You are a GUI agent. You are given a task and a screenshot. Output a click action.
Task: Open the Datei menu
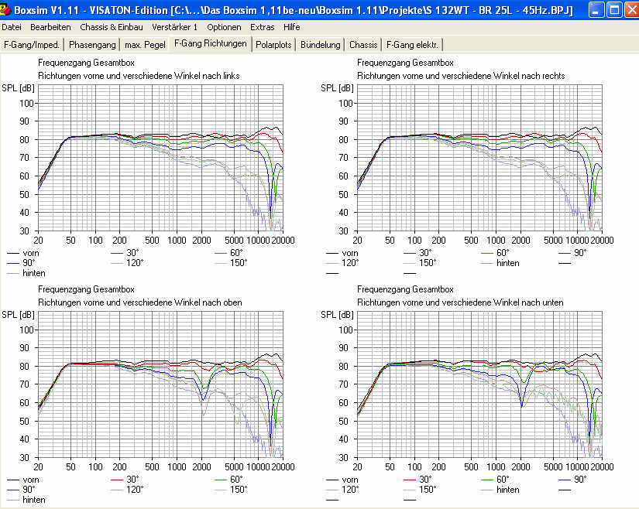(12, 27)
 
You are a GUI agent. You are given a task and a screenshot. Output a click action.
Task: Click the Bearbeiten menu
(50, 27)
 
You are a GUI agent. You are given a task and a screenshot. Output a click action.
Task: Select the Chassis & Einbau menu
(112, 27)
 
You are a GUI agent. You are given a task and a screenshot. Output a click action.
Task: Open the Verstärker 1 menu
(175, 27)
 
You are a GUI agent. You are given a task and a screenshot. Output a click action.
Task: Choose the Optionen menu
(224, 27)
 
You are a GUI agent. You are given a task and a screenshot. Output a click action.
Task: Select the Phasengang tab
(93, 45)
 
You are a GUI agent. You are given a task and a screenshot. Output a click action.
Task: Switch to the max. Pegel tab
(144, 45)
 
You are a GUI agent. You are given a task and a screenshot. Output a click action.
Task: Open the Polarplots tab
(274, 45)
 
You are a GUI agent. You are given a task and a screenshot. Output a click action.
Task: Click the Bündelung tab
(321, 45)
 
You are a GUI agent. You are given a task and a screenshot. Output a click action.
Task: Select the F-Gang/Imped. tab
(33, 45)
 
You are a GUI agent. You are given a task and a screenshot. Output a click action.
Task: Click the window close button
(627, 10)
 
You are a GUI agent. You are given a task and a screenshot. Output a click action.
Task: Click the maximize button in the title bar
(611, 10)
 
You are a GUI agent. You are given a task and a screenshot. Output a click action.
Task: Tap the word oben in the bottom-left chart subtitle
(232, 302)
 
